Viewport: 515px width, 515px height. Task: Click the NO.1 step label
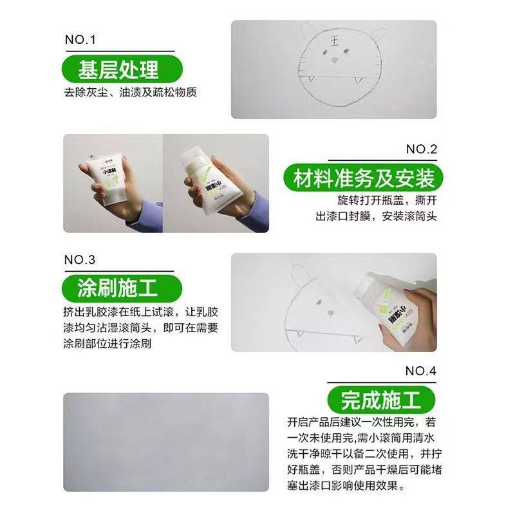coord(80,40)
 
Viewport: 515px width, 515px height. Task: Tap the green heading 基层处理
coord(118,68)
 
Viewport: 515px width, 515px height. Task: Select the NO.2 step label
coord(422,149)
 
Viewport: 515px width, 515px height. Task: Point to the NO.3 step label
coord(80,260)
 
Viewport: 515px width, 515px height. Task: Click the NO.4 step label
coord(421,371)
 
